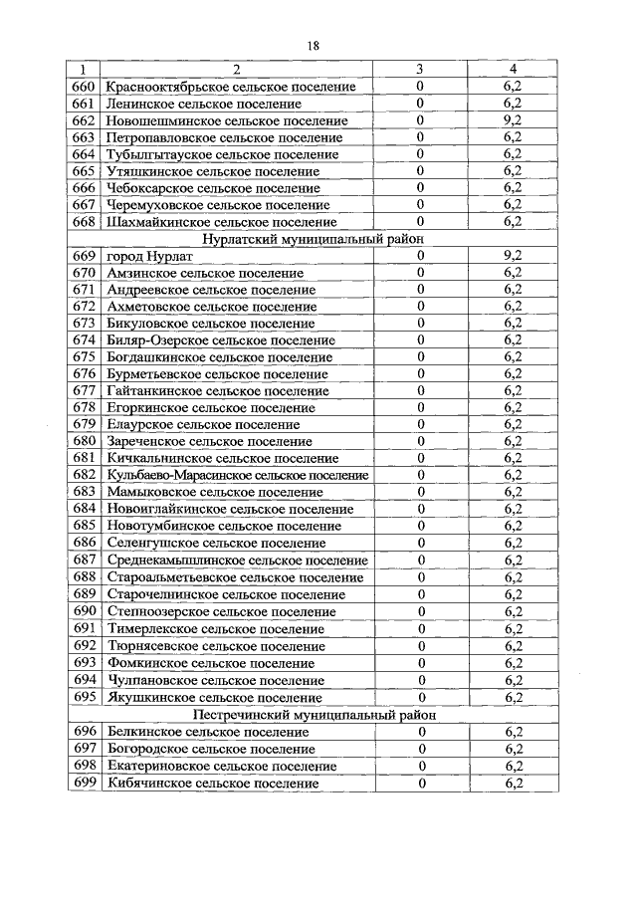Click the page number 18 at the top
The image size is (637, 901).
(313, 46)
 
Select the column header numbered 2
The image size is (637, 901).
(237, 70)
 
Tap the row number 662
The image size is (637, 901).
(84, 120)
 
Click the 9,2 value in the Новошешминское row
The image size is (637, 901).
(513, 120)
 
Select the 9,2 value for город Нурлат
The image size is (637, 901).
(513, 256)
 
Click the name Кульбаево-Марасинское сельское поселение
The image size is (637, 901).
(237, 476)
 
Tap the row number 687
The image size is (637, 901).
(84, 561)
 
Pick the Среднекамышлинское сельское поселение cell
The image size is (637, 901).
(236, 561)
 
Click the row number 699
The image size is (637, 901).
(84, 784)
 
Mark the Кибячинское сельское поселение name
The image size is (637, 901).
(212, 784)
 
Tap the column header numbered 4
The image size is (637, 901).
(513, 70)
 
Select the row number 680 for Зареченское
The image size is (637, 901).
(84, 442)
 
